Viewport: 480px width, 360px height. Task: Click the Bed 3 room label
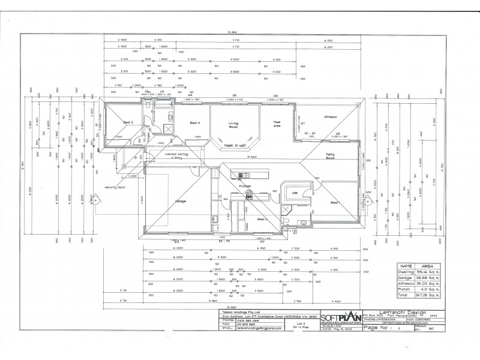pos(128,123)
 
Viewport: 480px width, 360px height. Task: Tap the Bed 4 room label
pos(194,124)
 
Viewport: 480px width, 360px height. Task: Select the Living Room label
pos(233,124)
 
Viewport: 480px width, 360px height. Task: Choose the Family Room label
pos(330,157)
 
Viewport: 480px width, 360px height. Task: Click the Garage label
pos(180,200)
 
